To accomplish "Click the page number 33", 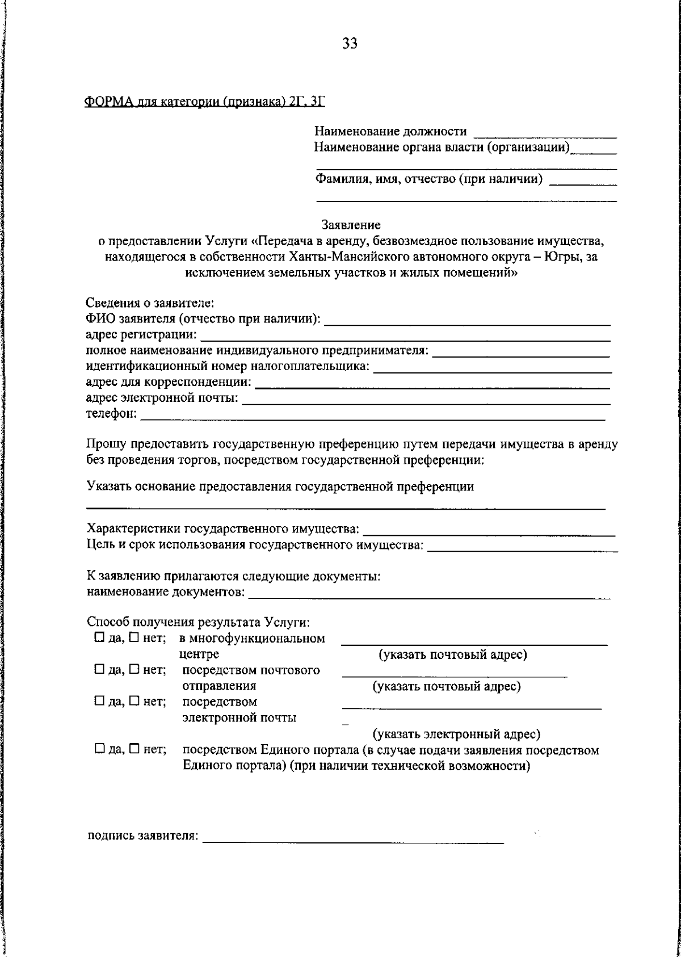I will (350, 44).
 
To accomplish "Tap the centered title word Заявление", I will (351, 225).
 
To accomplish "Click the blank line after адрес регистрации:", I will (405, 339).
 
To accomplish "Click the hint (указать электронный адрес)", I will (456, 734).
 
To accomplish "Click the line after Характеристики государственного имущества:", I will (489, 534).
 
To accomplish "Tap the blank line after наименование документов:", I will (430, 597).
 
